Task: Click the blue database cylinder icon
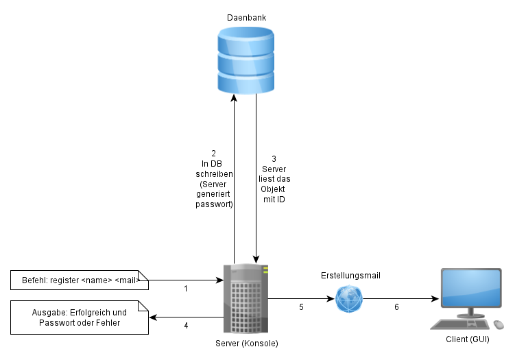click(245, 60)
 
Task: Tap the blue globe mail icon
click(349, 299)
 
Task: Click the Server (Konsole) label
click(246, 342)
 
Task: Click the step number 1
click(186, 289)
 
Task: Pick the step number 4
click(186, 325)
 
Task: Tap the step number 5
click(301, 307)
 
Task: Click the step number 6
click(396, 307)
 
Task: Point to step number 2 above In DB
click(214, 153)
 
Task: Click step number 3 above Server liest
click(274, 158)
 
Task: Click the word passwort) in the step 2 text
click(214, 204)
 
